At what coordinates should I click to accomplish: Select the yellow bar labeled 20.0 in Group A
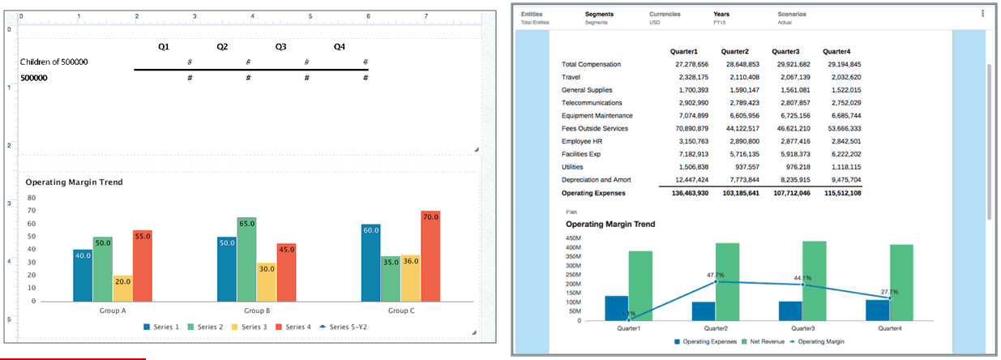click(x=122, y=289)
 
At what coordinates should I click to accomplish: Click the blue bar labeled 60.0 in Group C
click(x=371, y=263)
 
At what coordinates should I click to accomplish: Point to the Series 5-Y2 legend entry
click(x=343, y=327)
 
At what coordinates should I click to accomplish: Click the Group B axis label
click(x=256, y=311)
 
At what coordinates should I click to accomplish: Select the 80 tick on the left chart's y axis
click(x=32, y=197)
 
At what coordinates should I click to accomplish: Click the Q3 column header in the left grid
click(x=280, y=47)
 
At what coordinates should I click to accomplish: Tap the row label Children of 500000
click(x=54, y=62)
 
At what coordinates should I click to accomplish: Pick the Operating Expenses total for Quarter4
click(x=842, y=194)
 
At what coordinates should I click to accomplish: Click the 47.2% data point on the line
click(x=716, y=281)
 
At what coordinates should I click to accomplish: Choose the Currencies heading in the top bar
click(x=665, y=14)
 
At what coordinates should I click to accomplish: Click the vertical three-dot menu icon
click(x=982, y=14)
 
